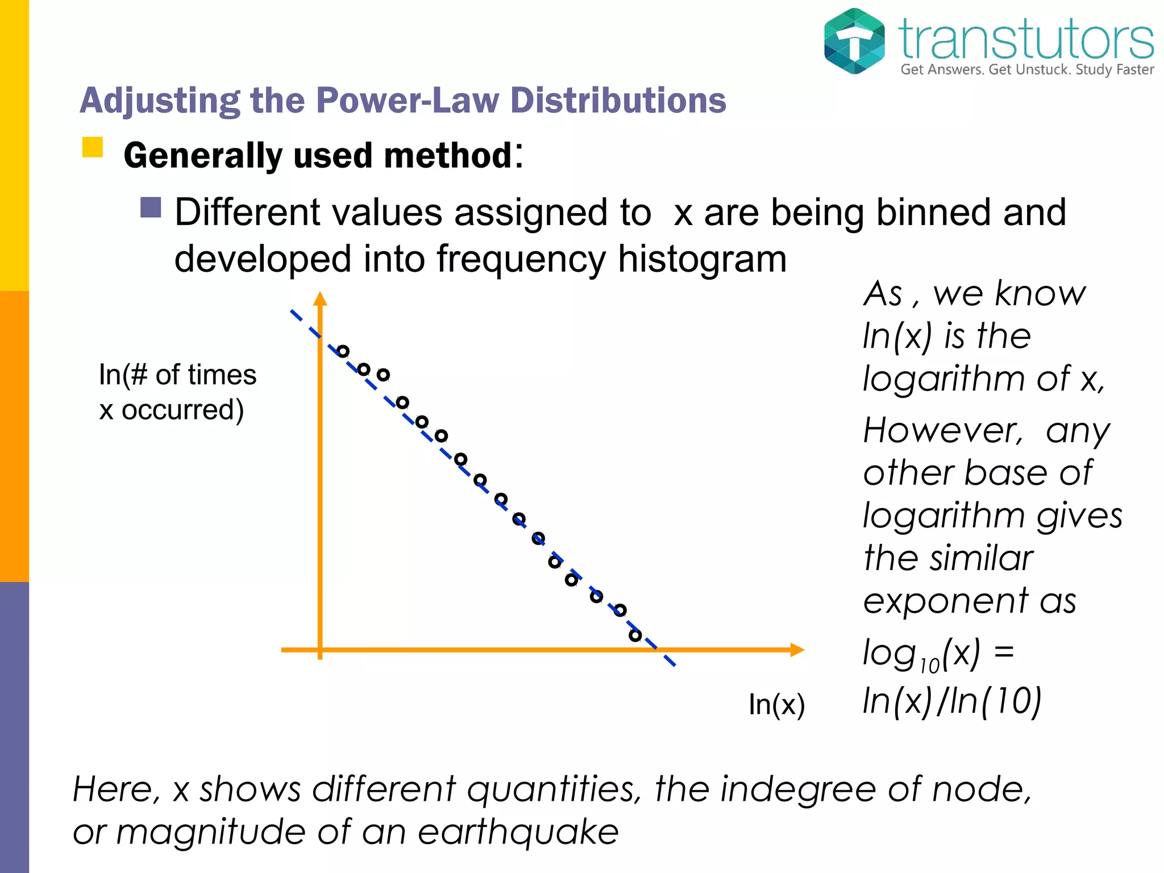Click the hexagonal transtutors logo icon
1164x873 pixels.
(854, 41)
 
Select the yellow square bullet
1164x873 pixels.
(93, 147)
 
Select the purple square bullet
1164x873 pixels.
(151, 207)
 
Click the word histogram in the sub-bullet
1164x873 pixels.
(702, 259)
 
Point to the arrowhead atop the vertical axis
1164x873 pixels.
(321, 299)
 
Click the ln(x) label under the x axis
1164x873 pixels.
(776, 704)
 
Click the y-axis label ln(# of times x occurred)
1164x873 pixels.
(177, 392)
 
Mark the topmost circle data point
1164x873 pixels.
(343, 351)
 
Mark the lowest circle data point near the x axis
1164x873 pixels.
(635, 635)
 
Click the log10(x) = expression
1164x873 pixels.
(938, 654)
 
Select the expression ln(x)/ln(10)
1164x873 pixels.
(952, 701)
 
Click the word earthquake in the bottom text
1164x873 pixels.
(518, 832)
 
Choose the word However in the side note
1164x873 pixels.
(943, 430)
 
